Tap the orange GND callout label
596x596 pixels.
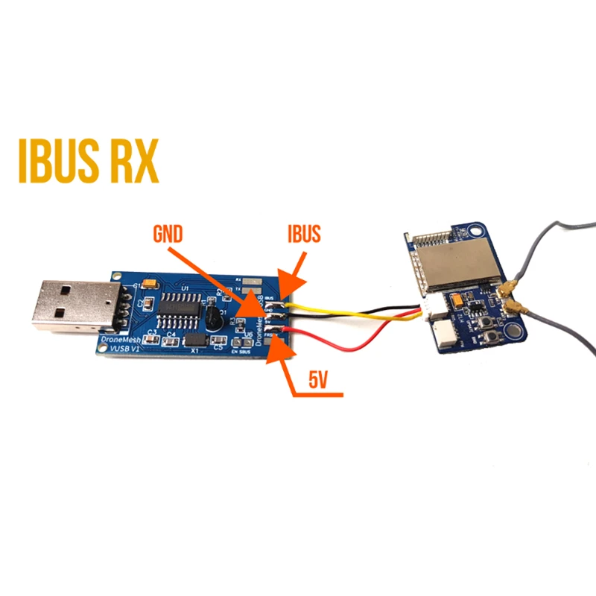coord(167,235)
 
